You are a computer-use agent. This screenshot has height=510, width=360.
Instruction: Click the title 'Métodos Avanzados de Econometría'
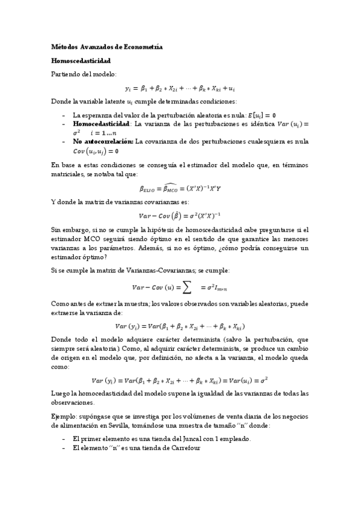[106, 46]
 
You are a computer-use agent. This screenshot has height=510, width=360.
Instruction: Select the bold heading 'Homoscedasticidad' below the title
[81, 61]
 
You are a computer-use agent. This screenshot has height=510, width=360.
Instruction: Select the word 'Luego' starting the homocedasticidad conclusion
[61, 393]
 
